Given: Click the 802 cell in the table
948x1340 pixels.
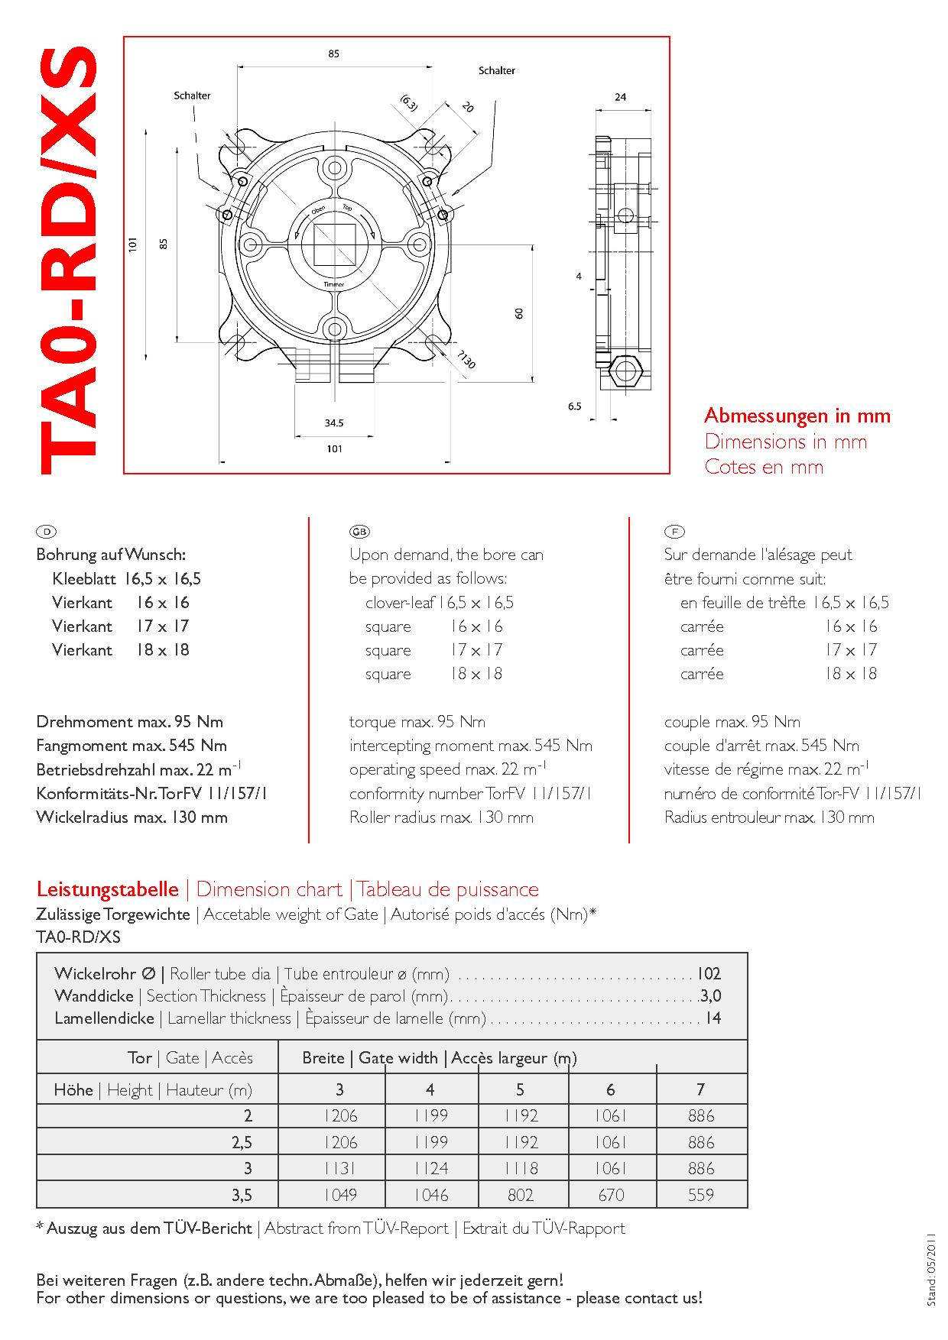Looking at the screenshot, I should coord(521,1195).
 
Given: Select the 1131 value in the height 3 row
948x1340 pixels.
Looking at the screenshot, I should coord(340,1169).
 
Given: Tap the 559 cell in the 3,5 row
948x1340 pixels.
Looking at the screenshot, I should coord(700,1195).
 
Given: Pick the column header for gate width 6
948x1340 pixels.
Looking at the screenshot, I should coord(610,1089).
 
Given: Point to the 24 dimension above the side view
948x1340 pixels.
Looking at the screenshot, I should coord(620,97).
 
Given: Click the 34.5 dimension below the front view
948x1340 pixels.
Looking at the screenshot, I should coord(334,422).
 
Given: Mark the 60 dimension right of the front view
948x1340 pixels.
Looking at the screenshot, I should coord(519,312).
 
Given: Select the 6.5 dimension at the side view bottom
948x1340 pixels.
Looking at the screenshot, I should coord(575,406).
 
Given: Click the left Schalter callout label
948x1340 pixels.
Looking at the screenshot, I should coord(192,95).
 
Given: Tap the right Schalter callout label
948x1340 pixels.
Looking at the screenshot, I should coord(497,70).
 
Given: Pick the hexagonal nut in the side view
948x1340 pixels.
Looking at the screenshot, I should coord(625,372).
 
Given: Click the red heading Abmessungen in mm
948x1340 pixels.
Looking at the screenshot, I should coord(797,416).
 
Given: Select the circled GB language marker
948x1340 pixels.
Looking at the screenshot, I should coord(359,531).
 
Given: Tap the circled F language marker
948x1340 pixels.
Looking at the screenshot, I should coord(674,531).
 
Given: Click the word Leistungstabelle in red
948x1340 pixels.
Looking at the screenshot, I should coord(108,889).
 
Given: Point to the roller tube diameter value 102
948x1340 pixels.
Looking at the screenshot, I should coord(708,974).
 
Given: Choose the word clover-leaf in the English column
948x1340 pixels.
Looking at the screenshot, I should coord(400,603).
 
